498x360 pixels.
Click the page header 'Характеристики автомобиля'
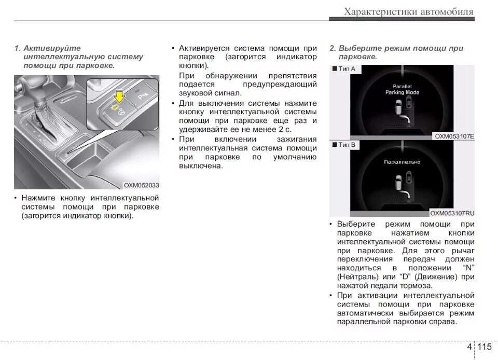408,11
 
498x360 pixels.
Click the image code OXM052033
141,185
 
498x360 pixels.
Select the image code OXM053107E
454,136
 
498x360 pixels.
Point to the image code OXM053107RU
452,213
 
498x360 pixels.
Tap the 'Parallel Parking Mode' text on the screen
402,89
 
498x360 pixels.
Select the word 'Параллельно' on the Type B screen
402,162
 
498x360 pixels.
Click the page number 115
485,347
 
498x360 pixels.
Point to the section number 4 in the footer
469,347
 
